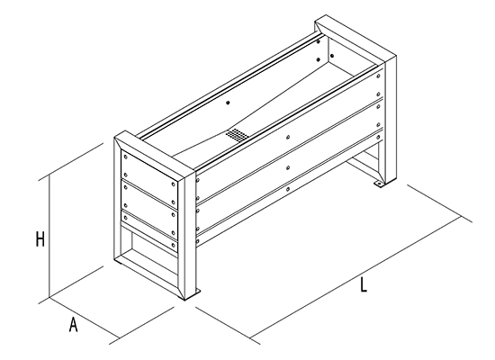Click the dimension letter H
click(40, 238)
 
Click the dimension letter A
click(73, 324)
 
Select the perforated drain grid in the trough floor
click(238, 134)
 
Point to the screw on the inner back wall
click(228, 103)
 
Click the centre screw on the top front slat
click(288, 137)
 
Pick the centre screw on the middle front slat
click(288, 167)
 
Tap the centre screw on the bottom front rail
click(288, 190)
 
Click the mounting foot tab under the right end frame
click(378, 184)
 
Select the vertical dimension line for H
click(49, 237)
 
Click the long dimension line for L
click(355, 277)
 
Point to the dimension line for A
click(85, 318)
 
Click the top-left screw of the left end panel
click(126, 157)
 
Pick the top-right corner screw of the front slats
click(379, 76)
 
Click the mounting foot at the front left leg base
click(193, 294)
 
